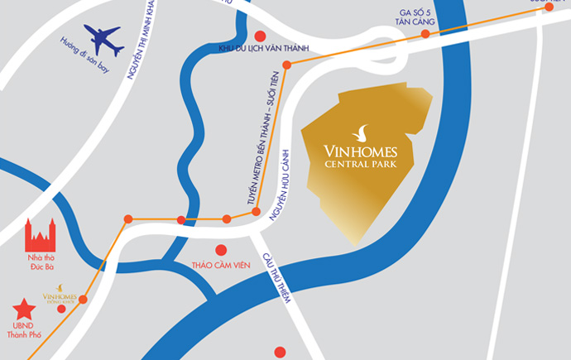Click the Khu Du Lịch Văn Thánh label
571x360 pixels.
262,50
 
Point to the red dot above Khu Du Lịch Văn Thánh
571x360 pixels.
260,36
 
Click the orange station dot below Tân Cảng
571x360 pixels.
425,35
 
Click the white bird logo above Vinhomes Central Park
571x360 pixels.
361,132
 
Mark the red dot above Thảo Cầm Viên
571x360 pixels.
221,250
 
